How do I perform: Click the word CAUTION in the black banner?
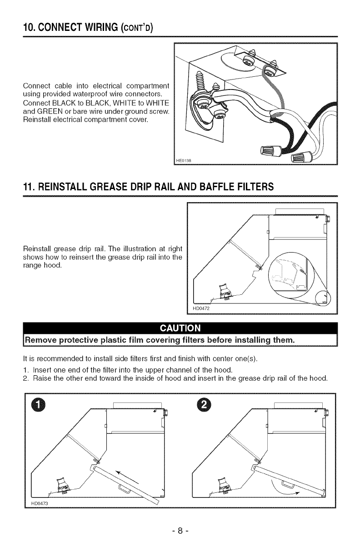[180, 328]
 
